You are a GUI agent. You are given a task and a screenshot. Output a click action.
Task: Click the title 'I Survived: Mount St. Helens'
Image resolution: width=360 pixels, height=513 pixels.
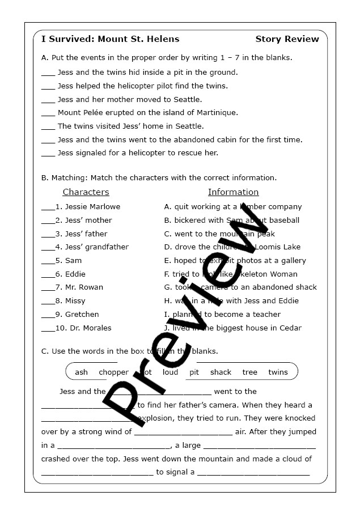pos(110,39)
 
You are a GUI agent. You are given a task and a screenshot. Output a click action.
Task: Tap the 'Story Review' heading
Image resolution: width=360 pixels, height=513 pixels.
pos(287,39)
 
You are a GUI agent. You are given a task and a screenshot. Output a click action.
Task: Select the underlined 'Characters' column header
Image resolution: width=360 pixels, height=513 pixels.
pos(86,192)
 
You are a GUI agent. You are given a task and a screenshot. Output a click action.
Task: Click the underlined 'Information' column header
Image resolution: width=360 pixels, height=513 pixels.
pos(233,192)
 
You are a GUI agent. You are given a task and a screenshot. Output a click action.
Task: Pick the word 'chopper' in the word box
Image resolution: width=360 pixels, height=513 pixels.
pos(113,372)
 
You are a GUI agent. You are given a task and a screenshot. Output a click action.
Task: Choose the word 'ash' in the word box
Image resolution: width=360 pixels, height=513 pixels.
pos(81,372)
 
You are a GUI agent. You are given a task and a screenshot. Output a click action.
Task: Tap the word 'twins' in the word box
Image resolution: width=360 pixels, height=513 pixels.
pos(278,372)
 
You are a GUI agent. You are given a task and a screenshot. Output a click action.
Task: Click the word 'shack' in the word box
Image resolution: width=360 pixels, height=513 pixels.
pos(221,372)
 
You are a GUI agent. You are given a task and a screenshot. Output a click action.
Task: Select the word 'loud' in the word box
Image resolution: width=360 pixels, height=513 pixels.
pos(170,372)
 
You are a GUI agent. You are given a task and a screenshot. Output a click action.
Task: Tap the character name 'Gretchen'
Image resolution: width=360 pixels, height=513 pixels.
pos(82,315)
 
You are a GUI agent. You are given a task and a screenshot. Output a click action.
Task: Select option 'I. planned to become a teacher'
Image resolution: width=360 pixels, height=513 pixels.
pos(222,315)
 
